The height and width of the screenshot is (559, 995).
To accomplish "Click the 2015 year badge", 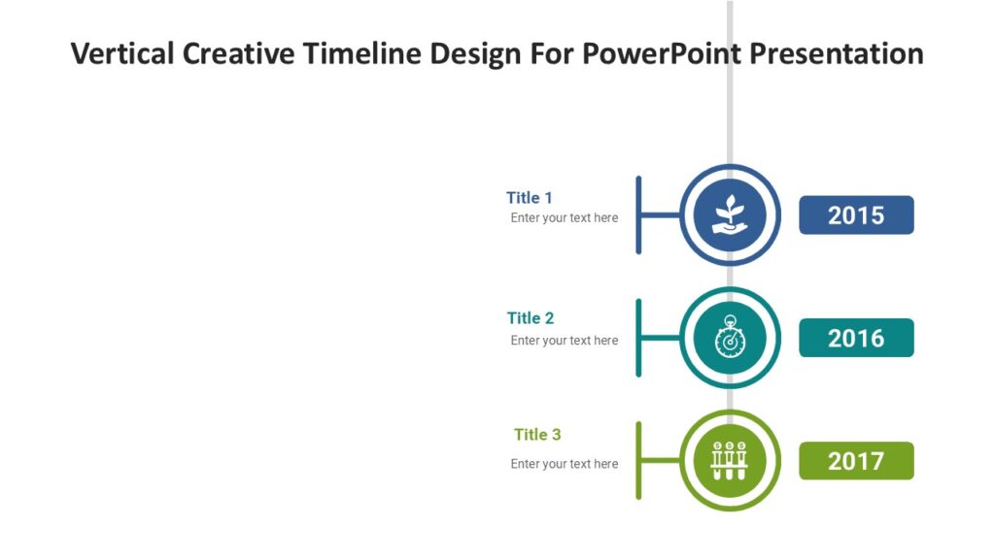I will pyautogui.click(x=856, y=215).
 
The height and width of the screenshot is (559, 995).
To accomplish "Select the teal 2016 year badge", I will pyautogui.click(x=856, y=338).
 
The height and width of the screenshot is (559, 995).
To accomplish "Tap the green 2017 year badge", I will pyautogui.click(x=856, y=461).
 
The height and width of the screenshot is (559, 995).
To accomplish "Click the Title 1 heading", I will pyautogui.click(x=530, y=198).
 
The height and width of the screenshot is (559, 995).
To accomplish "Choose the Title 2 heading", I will pyautogui.click(x=531, y=318).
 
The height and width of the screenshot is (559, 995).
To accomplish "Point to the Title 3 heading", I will pyautogui.click(x=537, y=435).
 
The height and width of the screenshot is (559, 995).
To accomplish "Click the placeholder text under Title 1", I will pyautogui.click(x=565, y=218).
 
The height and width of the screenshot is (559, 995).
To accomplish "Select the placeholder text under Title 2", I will pyautogui.click(x=565, y=341).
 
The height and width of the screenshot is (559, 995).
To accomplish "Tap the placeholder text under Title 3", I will pyautogui.click(x=565, y=464).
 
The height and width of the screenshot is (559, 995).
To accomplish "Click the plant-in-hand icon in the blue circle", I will pyautogui.click(x=730, y=215).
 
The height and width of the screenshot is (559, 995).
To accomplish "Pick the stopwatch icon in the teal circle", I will pyautogui.click(x=730, y=339).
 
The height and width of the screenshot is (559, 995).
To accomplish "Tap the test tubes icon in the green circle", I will pyautogui.click(x=730, y=461).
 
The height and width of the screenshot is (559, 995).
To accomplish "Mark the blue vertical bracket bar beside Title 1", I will pyautogui.click(x=638, y=215).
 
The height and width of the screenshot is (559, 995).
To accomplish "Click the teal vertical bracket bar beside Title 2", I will pyautogui.click(x=638, y=338).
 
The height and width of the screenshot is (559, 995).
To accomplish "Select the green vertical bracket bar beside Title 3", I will pyautogui.click(x=638, y=461).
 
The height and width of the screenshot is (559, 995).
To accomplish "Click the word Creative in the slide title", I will pyautogui.click(x=238, y=53).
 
